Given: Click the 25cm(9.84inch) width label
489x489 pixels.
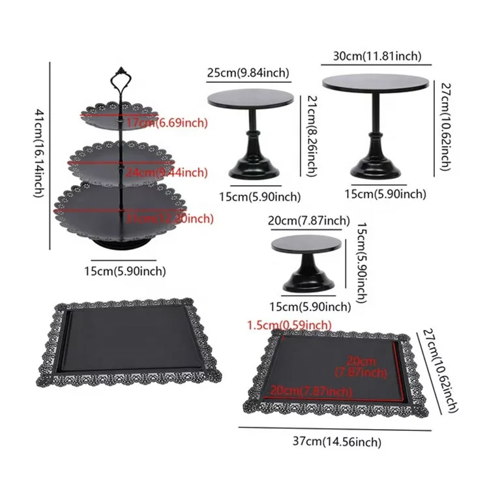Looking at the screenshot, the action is pos(248,72).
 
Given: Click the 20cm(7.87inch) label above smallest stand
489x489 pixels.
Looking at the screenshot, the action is pos(309,221).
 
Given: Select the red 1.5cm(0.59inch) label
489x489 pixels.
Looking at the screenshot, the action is pos(288,324).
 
